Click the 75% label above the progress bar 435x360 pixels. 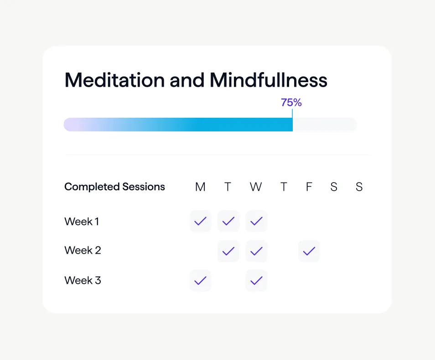pos(291,102)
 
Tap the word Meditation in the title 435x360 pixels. pos(114,80)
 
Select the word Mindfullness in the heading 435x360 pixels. pos(268,80)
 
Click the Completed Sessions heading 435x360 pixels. pos(114,187)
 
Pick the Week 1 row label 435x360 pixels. pos(82,221)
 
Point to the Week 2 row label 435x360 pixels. pos(83,250)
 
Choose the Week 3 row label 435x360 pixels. pos(83,280)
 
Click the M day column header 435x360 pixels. pos(200,187)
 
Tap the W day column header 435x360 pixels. pos(256,187)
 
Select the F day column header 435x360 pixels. pos(309,187)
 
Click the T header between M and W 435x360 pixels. pos(228,187)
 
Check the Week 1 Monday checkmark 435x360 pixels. pos(200,221)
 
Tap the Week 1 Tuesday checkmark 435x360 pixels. pos(228,221)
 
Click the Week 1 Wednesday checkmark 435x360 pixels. pos(256,221)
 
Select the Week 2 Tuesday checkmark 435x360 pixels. pos(228,251)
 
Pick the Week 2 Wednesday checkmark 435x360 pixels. pos(256,251)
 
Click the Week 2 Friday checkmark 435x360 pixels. pos(309,251)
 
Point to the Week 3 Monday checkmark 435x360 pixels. pos(200,281)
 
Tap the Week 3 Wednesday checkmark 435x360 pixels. pos(256,281)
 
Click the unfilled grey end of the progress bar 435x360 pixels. pos(325,125)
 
